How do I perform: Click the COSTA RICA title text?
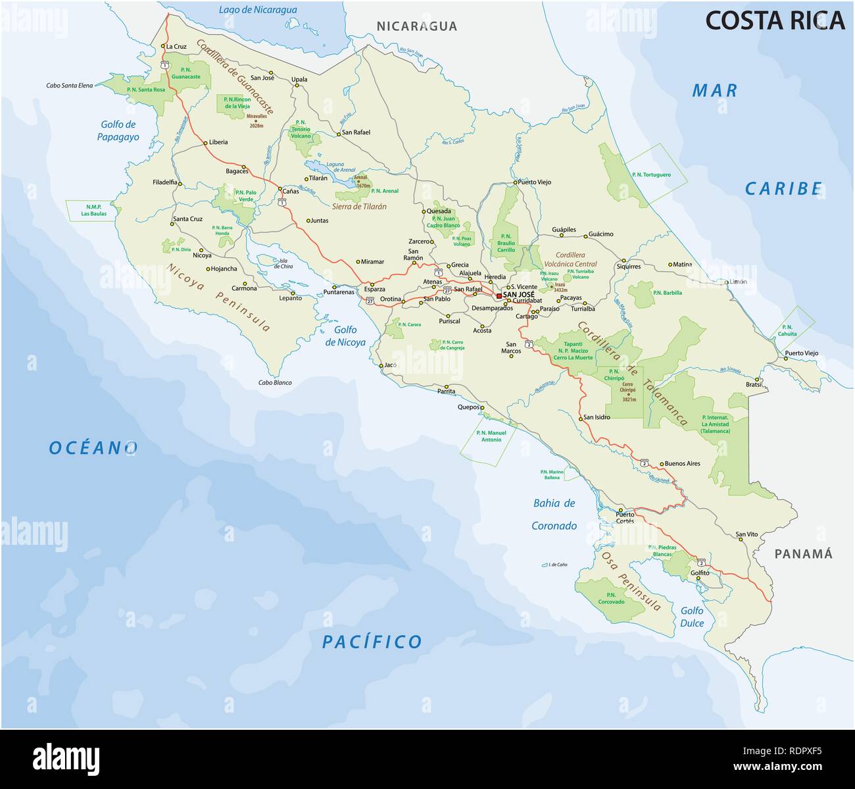[774, 21]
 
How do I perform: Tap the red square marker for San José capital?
[499, 296]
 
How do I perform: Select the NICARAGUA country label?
[416, 26]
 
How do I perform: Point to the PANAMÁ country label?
[803, 554]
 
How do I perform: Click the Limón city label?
[738, 282]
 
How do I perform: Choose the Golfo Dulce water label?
[692, 617]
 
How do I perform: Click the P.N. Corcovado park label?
[611, 598]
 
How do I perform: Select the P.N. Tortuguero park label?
[650, 175]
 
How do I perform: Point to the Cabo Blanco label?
[274, 383]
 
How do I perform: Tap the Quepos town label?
[468, 407]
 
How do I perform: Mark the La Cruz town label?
[177, 47]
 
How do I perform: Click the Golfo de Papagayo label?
[118, 130]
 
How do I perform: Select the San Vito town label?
[746, 534]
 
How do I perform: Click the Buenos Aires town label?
[682, 463]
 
